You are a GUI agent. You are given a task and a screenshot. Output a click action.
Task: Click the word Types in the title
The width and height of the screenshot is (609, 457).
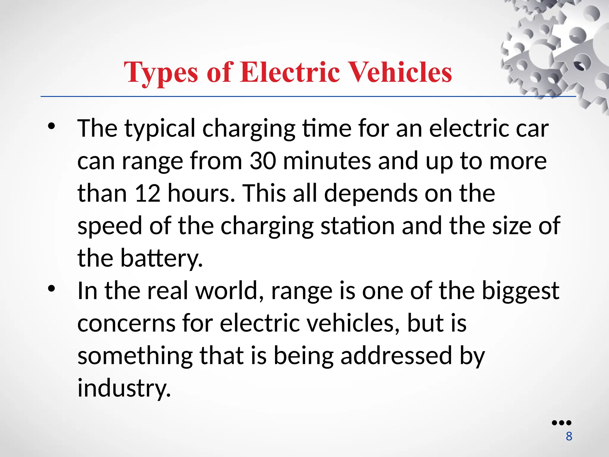[x=161, y=73]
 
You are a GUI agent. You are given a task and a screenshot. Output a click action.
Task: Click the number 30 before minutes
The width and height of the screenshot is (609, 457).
[x=263, y=161]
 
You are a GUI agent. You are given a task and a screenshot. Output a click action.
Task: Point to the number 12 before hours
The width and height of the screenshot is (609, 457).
[x=147, y=193]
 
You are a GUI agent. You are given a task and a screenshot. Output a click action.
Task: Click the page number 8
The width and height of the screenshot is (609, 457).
[x=569, y=436]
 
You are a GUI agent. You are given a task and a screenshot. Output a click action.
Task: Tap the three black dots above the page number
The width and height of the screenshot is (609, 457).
[x=561, y=423]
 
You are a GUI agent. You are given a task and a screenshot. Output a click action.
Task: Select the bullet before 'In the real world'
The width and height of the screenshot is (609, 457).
[x=51, y=289]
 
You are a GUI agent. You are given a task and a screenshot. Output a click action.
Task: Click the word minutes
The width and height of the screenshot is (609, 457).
[x=327, y=161]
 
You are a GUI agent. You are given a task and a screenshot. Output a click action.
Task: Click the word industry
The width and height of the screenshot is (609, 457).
[x=124, y=388]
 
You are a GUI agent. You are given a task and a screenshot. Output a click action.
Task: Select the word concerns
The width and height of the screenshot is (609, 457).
[x=126, y=323]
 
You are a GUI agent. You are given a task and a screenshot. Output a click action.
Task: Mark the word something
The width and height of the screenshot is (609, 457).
[x=135, y=356]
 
